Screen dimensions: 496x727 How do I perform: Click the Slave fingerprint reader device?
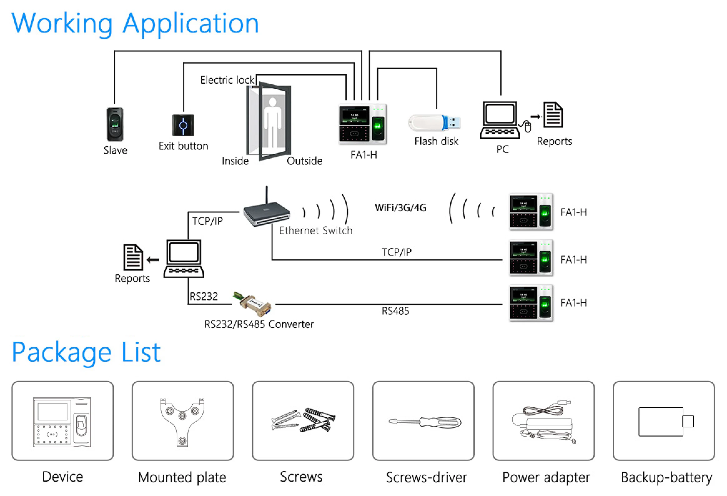[115, 124]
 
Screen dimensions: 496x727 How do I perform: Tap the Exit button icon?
[183, 125]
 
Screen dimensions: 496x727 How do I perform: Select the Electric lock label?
[227, 80]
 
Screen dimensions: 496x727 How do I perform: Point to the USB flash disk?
[434, 123]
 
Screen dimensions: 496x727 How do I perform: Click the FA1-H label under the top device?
[363, 155]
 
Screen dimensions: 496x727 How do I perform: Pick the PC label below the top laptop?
[502, 149]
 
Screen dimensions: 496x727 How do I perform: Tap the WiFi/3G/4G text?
[400, 208]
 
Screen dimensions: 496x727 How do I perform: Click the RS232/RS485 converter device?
[253, 304]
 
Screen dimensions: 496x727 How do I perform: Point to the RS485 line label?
[395, 311]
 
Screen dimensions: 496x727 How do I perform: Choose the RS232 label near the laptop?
[204, 296]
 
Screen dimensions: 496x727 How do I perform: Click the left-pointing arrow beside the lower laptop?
[153, 260]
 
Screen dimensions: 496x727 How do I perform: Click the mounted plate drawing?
[182, 421]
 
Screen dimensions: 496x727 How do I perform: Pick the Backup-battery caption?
[666, 478]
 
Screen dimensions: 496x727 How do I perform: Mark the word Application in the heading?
[190, 24]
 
